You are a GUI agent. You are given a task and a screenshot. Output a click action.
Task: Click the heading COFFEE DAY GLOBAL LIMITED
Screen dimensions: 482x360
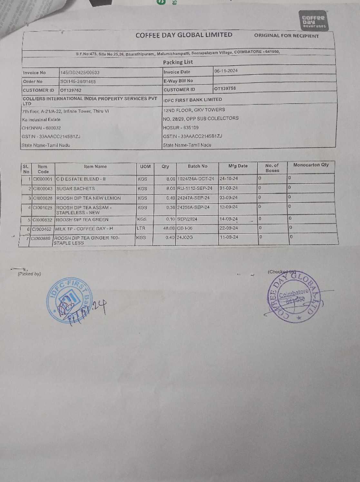coord(184,35)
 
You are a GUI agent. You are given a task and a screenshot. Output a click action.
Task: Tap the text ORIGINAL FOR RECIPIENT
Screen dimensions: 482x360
coord(286,36)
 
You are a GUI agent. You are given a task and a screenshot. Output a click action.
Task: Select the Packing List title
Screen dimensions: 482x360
coord(178,62)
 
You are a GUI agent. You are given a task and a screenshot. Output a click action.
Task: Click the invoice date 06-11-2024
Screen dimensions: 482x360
coord(226,71)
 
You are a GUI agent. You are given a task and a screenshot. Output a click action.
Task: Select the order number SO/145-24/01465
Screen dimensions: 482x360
coord(78,82)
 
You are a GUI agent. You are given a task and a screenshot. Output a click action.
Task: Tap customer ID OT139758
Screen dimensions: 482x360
coord(225,88)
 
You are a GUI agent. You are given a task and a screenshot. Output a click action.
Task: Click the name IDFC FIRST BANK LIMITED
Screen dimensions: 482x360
coord(192,100)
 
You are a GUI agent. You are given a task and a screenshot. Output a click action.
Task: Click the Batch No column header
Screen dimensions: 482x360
coord(197,166)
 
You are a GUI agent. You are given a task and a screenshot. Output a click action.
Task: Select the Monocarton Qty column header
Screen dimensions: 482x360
coord(311,165)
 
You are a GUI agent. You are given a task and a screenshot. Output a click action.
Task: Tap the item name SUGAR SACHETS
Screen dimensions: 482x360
coord(75,188)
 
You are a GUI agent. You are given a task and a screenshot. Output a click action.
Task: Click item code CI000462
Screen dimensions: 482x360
coord(42,229)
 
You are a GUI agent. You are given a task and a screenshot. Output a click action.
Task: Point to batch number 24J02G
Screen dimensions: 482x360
coord(185,237)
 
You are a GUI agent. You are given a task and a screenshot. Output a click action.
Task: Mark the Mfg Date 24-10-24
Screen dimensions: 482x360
coord(229,178)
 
